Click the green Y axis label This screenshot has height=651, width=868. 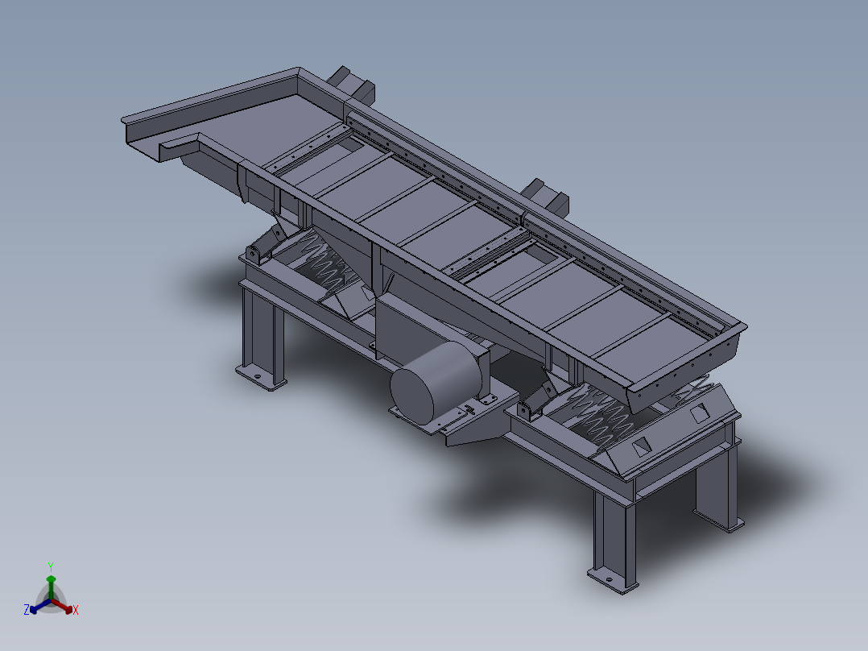click(x=51, y=566)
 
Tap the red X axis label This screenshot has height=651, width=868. click(x=76, y=611)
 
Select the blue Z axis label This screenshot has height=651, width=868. click(x=27, y=610)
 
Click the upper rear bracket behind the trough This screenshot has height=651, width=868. click(x=353, y=83)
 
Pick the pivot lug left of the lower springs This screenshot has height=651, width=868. click(x=527, y=411)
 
